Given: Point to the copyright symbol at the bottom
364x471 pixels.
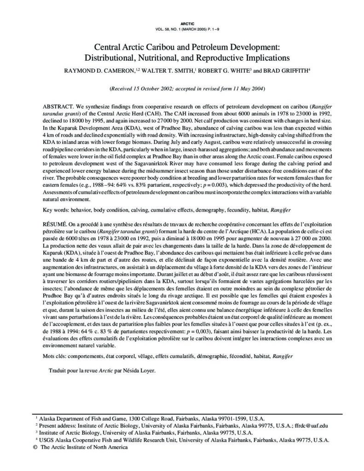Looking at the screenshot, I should pyautogui.click(x=35, y=447).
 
